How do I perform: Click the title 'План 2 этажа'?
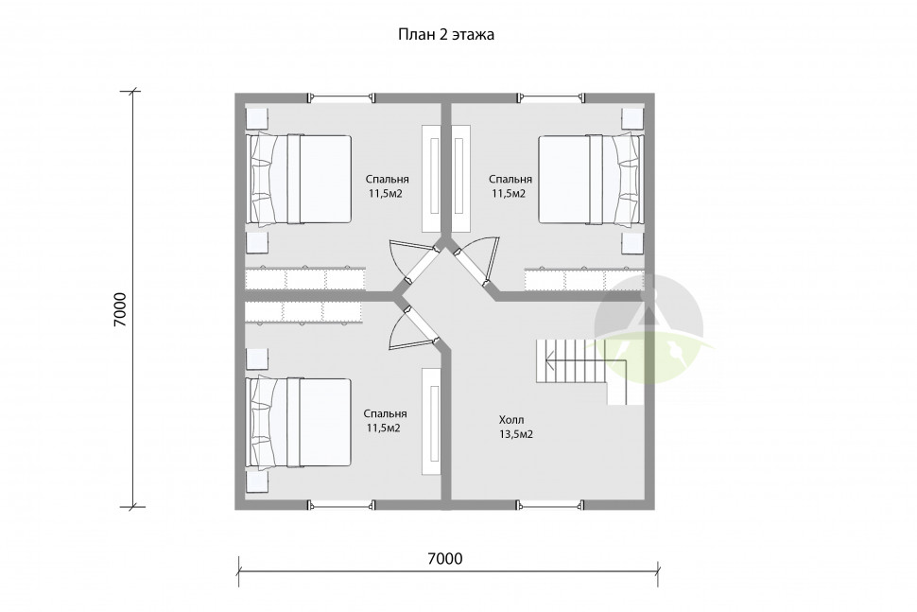click(x=445, y=35)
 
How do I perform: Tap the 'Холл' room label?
click(x=511, y=420)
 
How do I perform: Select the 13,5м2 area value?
click(x=515, y=435)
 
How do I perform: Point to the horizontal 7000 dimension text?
click(x=445, y=559)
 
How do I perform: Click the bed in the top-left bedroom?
click(x=299, y=180)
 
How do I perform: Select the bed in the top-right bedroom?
click(x=591, y=180)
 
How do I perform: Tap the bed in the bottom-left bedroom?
click(x=299, y=423)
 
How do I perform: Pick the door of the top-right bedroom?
click(x=478, y=261)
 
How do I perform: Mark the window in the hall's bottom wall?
click(x=550, y=504)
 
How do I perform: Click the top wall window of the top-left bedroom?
click(x=341, y=97)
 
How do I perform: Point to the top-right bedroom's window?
click(x=550, y=97)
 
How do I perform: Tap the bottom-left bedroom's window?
click(x=341, y=504)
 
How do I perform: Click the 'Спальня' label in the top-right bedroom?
click(x=510, y=179)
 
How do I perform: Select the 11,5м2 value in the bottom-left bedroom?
click(x=384, y=428)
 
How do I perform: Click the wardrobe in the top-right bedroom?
click(x=583, y=279)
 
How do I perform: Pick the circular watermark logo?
click(x=649, y=329)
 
